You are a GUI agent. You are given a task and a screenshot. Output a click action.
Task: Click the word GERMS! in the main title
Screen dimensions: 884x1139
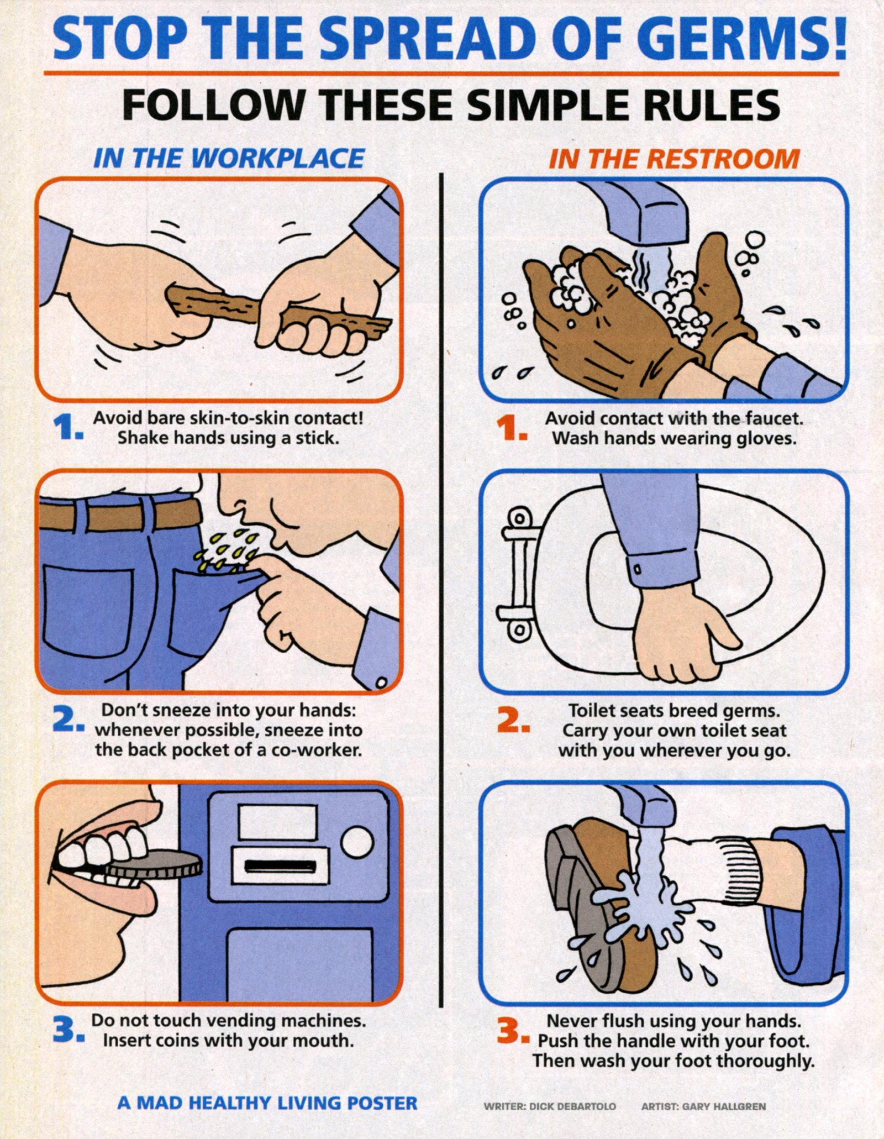[x=745, y=37]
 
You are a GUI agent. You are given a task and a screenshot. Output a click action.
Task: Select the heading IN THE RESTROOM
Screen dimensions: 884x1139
[x=674, y=159]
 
